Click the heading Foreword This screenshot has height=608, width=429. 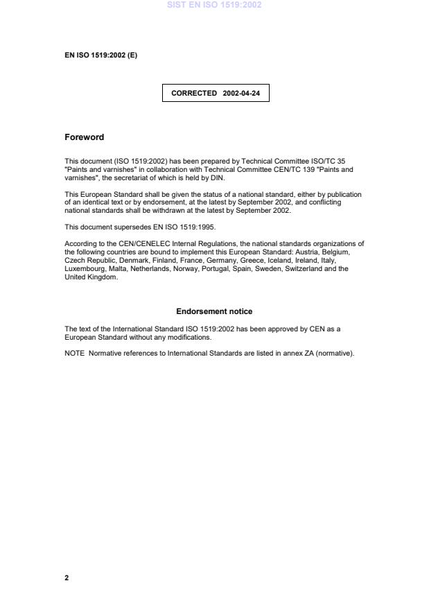[x=84, y=137]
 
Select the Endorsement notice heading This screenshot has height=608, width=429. [x=214, y=311]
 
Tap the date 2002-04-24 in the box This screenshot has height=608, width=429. [x=241, y=92]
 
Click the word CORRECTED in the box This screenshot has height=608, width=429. [x=194, y=92]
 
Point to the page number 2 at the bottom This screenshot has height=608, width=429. [x=67, y=577]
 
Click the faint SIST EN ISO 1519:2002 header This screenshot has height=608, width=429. [x=214, y=5]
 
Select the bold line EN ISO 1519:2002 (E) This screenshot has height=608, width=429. [x=100, y=55]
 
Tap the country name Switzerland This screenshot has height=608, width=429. [x=306, y=268]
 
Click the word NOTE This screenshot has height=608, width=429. [x=73, y=353]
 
